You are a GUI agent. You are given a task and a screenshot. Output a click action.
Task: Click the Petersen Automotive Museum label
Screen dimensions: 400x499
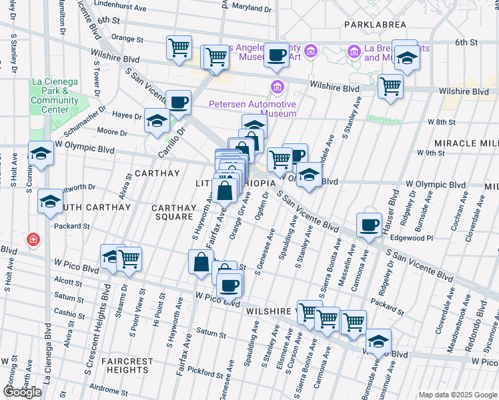point(252,109)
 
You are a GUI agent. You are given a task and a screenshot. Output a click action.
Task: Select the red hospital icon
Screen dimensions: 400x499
point(32,239)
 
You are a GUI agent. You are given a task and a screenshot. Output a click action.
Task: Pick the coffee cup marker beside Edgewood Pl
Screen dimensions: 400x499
point(368,225)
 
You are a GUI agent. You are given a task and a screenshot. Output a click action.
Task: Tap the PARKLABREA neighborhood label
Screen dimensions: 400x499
point(375,24)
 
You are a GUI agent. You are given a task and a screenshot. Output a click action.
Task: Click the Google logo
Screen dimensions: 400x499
point(22,392)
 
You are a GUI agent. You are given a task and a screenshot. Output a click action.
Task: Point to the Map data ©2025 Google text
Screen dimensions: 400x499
point(457,395)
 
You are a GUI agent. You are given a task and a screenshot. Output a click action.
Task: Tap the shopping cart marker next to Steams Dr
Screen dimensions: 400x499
point(129,259)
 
